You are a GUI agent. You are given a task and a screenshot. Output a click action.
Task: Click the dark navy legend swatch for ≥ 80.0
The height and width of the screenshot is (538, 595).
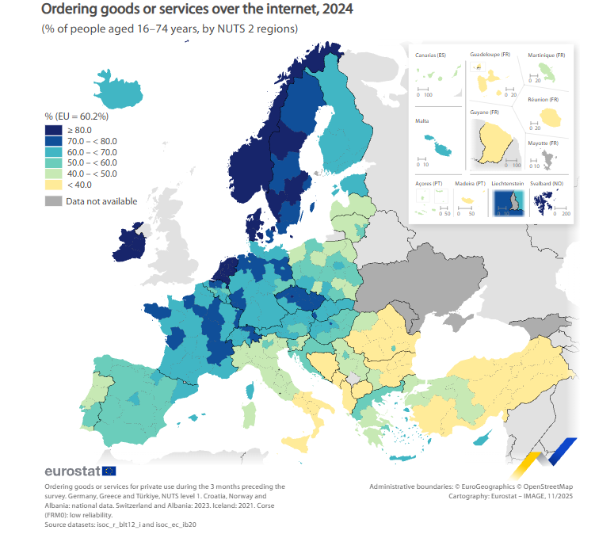(53, 130)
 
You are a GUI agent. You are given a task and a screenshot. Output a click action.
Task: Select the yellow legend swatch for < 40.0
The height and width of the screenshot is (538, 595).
(53, 184)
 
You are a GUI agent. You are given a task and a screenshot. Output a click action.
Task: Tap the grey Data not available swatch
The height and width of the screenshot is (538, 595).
(53, 201)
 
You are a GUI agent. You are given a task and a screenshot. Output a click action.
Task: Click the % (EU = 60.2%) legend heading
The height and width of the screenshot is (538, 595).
(77, 116)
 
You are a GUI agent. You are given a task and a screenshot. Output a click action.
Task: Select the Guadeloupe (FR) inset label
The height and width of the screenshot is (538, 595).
(490, 54)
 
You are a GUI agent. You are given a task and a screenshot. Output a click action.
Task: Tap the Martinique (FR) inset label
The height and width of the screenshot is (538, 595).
(546, 55)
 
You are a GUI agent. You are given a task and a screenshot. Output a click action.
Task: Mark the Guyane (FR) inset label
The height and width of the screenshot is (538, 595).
(484, 113)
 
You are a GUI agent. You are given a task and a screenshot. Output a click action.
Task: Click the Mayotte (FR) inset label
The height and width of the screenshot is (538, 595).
(544, 143)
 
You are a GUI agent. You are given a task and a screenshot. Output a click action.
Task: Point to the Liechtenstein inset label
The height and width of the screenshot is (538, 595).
(507, 183)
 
